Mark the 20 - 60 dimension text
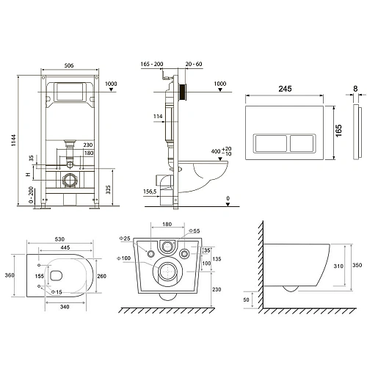[195, 65]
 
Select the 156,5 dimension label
[150, 194]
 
